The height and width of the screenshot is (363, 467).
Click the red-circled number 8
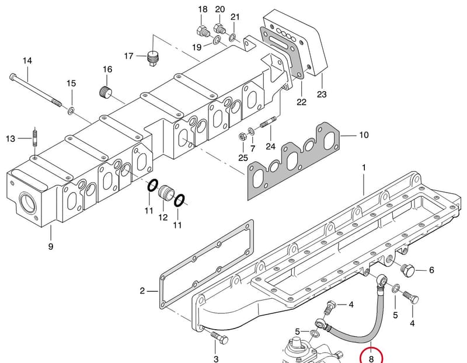pyautogui.click(x=371, y=358)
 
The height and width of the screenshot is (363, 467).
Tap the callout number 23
pyautogui.click(x=322, y=95)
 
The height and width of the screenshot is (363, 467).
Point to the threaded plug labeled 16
pyautogui.click(x=105, y=92)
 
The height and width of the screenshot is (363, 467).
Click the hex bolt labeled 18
pyautogui.click(x=202, y=32)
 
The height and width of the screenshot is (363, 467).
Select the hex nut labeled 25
pyautogui.click(x=242, y=137)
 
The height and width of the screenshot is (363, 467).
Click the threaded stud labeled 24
pyautogui.click(x=269, y=122)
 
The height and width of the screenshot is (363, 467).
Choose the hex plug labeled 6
pyautogui.click(x=407, y=270)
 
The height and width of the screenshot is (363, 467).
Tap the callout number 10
pyautogui.click(x=364, y=135)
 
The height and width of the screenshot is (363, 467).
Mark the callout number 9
pyautogui.click(x=51, y=246)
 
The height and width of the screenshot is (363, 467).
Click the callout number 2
pyautogui.click(x=142, y=291)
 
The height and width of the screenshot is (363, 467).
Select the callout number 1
pyautogui.click(x=364, y=167)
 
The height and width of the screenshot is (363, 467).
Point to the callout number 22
pyautogui.click(x=301, y=102)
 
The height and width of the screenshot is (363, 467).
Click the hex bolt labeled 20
pyautogui.click(x=219, y=29)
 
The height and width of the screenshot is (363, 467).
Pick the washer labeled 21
pyautogui.click(x=232, y=38)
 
